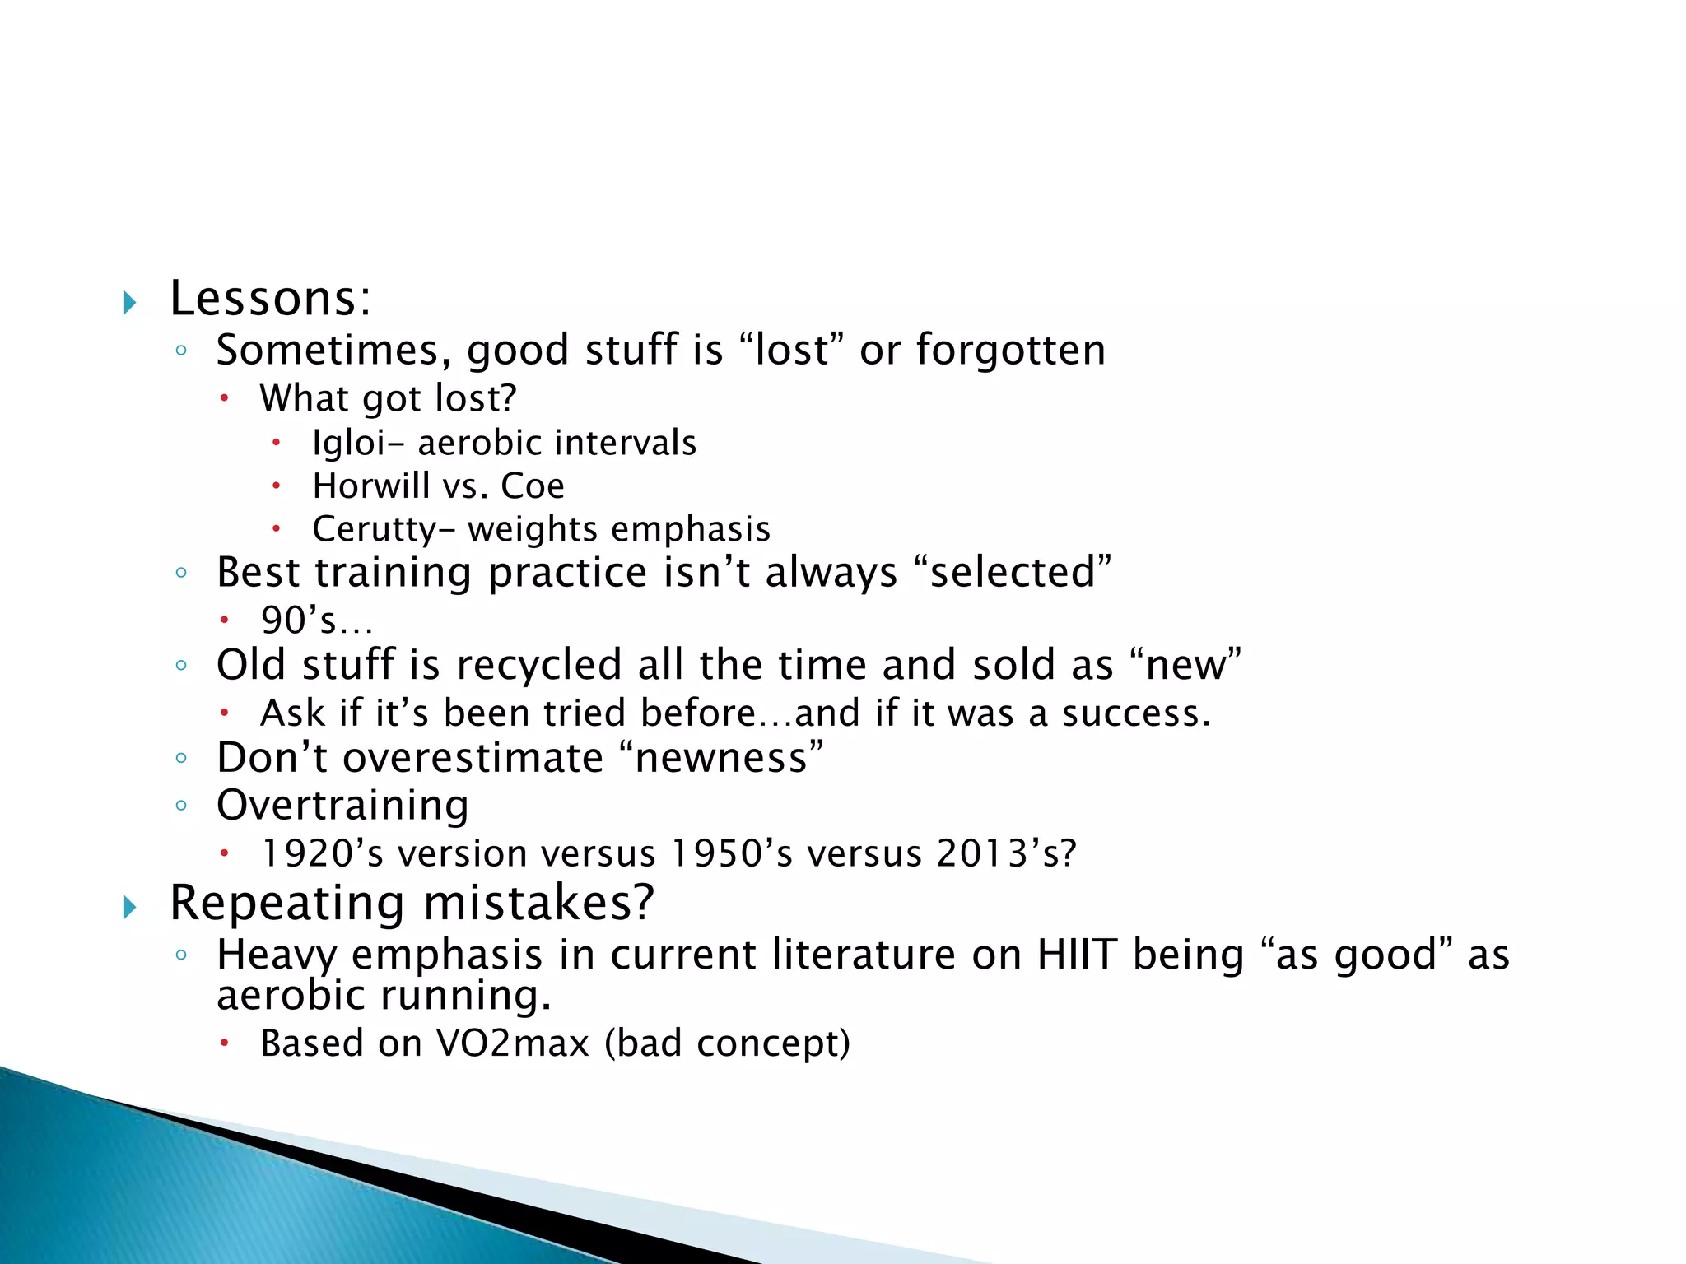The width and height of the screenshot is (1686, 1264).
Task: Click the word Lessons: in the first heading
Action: click(270, 299)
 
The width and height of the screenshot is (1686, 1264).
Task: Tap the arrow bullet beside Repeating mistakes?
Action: click(129, 908)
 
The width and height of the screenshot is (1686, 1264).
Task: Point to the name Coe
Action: click(533, 486)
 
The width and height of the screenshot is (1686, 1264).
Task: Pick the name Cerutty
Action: click(373, 530)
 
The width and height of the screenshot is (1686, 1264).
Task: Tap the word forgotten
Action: click(1011, 350)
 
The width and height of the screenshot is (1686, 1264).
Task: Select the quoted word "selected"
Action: click(1013, 573)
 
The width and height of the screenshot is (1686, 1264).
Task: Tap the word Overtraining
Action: click(342, 805)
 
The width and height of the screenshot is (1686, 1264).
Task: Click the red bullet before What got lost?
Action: click(224, 399)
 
